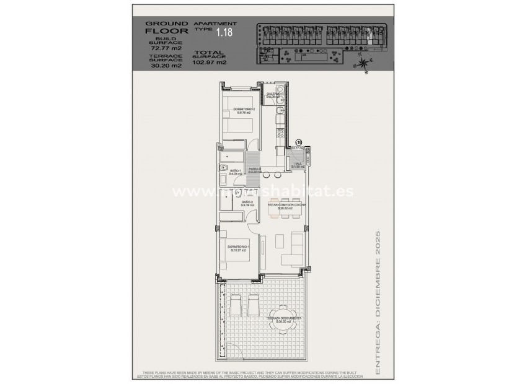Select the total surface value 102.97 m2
tap(210, 63)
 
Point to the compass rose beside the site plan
tap(364, 61)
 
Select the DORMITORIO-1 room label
tap(238, 248)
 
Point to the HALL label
tap(297, 165)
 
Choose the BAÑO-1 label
tap(235, 172)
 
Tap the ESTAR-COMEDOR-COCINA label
tap(284, 205)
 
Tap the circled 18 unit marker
tap(298, 142)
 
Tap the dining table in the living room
tap(285, 210)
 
